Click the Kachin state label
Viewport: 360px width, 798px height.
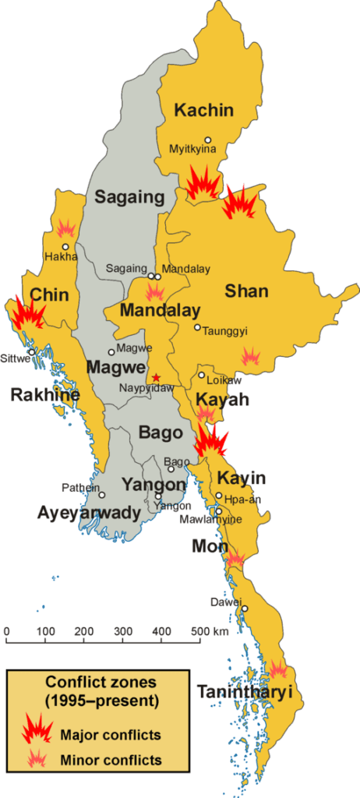pyautogui.click(x=203, y=110)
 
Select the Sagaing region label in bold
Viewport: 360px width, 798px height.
pyautogui.click(x=129, y=197)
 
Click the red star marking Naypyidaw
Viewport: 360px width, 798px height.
pyautogui.click(x=157, y=376)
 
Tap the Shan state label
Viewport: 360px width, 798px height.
pyautogui.click(x=246, y=291)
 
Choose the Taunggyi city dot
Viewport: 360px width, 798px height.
pyautogui.click(x=197, y=327)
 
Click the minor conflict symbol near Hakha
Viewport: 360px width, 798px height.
pyautogui.click(x=66, y=228)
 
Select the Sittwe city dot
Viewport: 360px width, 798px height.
pyautogui.click(x=32, y=352)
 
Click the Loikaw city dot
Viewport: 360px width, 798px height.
pyautogui.click(x=201, y=376)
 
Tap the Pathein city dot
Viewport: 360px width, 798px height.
pyautogui.click(x=102, y=494)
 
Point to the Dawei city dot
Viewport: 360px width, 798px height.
pyautogui.click(x=244, y=609)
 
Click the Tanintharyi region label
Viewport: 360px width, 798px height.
pyautogui.click(x=244, y=691)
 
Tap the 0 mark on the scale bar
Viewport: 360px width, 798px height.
pyautogui.click(x=6, y=630)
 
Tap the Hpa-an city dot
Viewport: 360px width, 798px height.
pyautogui.click(x=219, y=496)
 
